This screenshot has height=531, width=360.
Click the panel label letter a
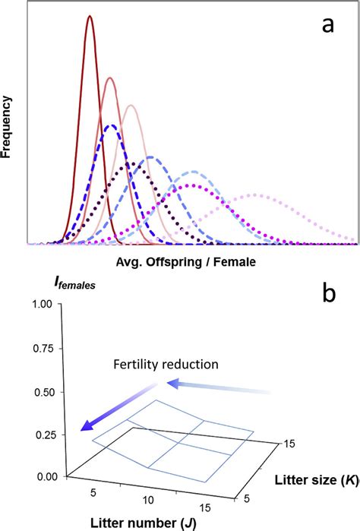point(327,25)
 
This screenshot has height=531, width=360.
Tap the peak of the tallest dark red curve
point(90,16)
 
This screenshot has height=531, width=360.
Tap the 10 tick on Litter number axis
point(149,502)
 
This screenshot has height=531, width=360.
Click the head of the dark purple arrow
point(82,429)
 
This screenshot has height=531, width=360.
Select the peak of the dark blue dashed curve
point(112,125)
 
